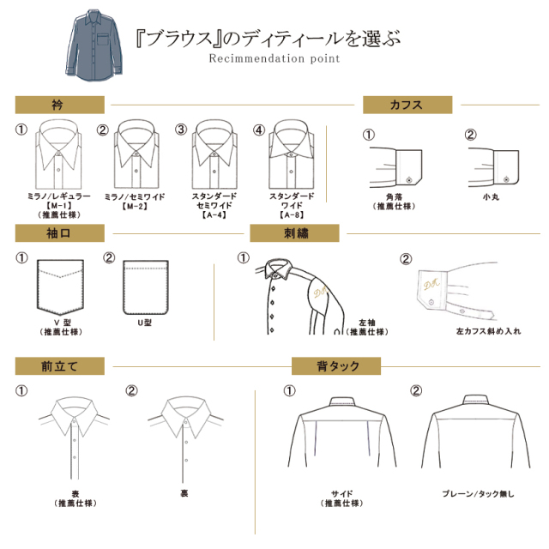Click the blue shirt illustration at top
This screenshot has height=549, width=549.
(94, 45)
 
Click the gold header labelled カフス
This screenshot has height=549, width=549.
(407, 105)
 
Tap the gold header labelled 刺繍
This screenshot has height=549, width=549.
(294, 233)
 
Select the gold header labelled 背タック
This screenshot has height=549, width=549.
(336, 366)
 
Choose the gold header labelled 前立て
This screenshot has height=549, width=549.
(60, 366)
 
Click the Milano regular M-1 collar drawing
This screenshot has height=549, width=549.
(58, 154)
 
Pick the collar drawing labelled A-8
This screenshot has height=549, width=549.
(292, 154)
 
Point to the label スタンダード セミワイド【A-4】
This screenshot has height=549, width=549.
(214, 206)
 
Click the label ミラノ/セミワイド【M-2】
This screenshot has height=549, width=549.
(135, 202)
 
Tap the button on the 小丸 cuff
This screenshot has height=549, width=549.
(506, 179)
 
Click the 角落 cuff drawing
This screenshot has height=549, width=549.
(395, 166)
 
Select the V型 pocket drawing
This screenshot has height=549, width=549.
(60, 287)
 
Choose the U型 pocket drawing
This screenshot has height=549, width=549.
(146, 287)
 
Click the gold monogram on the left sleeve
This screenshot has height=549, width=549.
(320, 291)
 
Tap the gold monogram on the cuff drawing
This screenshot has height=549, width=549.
(431, 283)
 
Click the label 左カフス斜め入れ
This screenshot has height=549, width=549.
(488, 331)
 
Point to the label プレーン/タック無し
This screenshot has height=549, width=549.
(478, 494)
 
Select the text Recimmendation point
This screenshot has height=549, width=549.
(274, 58)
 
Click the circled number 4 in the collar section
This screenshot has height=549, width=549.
(259, 130)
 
